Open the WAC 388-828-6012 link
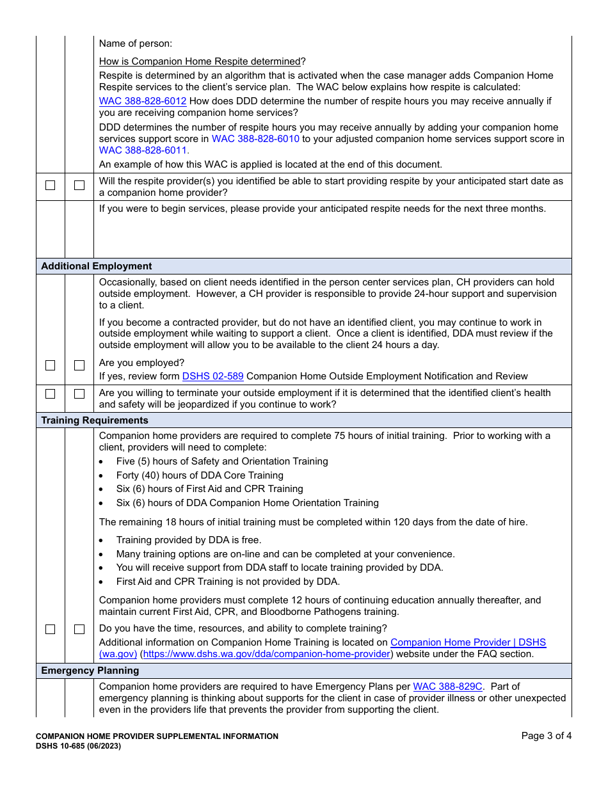point(143,101)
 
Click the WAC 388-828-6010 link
point(255,139)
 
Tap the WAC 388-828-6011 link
point(143,151)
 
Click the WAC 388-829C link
point(447,687)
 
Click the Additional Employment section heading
point(97,266)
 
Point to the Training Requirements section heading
point(95,420)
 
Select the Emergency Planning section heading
point(90,671)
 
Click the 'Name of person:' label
point(136,44)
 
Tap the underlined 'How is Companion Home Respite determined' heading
point(200,61)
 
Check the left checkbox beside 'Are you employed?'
point(51,365)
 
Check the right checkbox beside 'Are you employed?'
point(79,365)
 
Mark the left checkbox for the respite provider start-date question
point(51,186)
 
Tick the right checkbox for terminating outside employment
point(79,394)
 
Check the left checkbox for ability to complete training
point(51,630)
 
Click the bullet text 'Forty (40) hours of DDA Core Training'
point(200,475)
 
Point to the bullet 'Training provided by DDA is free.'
point(189,540)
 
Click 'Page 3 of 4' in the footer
point(546,736)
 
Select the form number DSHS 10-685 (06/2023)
point(78,746)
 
